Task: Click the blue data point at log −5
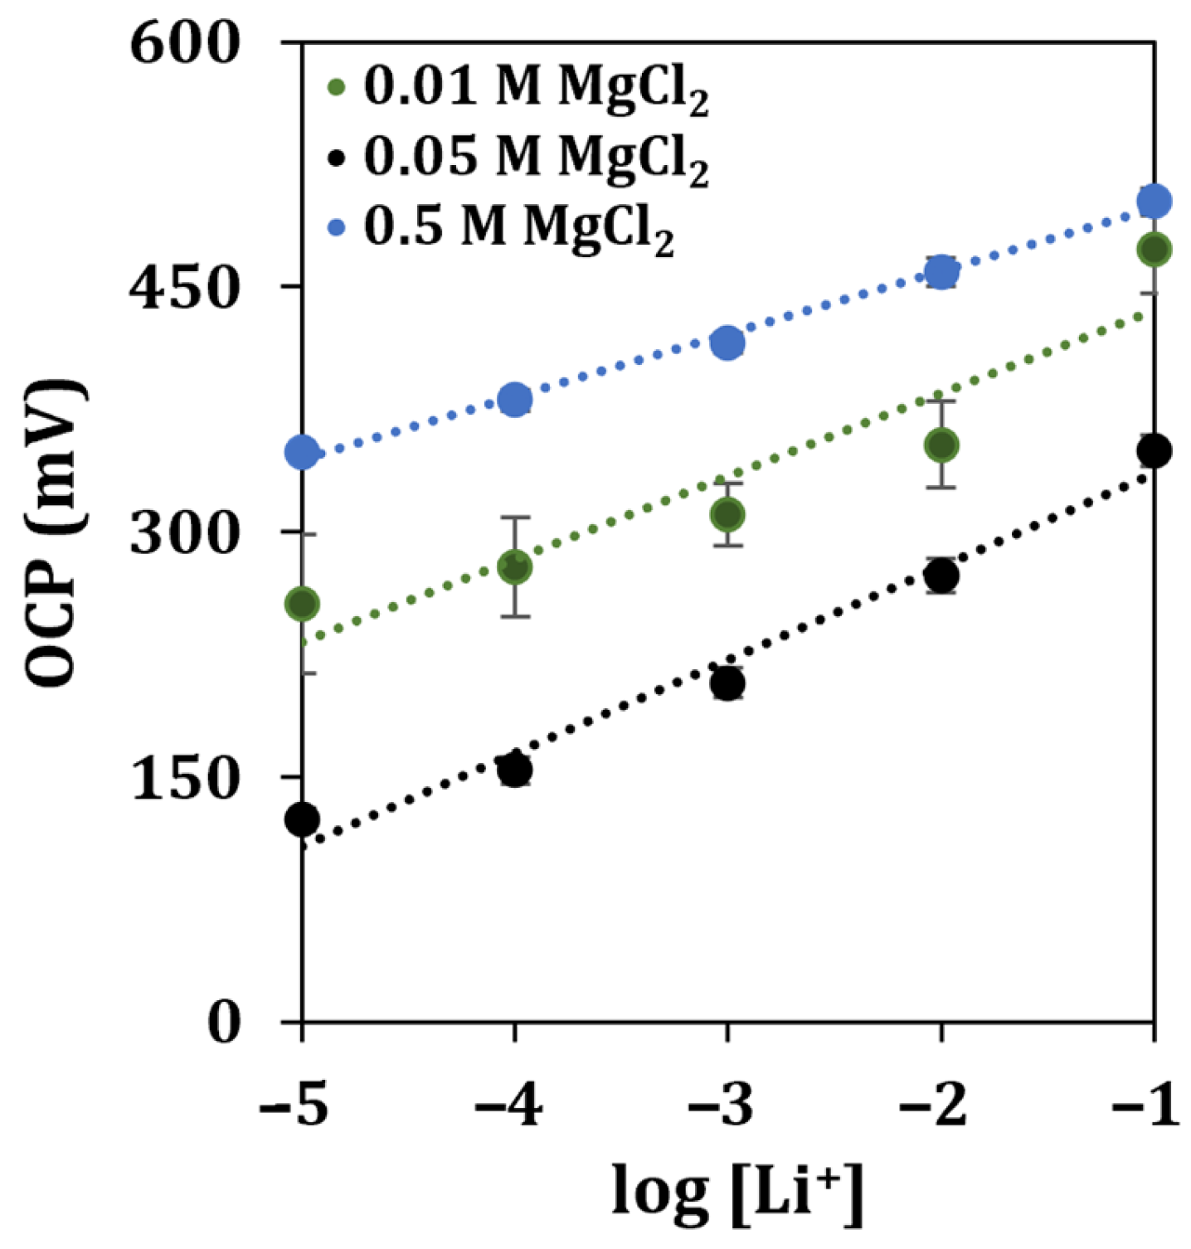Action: tap(303, 452)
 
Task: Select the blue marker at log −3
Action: tap(727, 343)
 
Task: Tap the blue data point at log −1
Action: tap(1154, 201)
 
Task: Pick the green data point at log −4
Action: tap(515, 568)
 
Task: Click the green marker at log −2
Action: tap(941, 445)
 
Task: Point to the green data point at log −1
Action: tap(1154, 250)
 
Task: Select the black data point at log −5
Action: tap(303, 819)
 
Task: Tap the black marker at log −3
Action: tap(727, 684)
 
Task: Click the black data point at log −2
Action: tap(941, 576)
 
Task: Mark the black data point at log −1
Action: tap(1154, 451)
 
